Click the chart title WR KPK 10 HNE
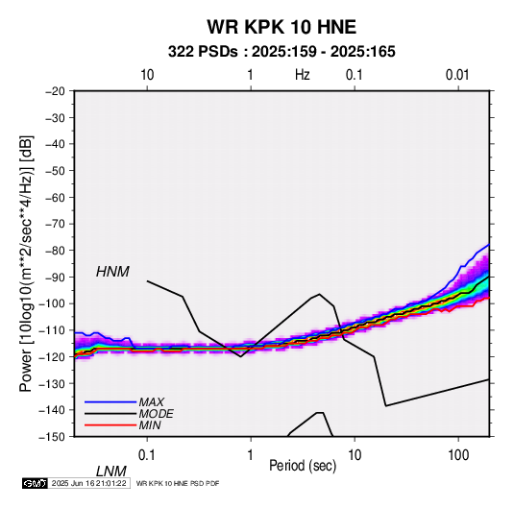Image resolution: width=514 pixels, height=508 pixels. click(x=281, y=27)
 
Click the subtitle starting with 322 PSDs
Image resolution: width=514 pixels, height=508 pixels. click(x=281, y=52)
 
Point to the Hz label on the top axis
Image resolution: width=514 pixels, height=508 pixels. click(x=302, y=75)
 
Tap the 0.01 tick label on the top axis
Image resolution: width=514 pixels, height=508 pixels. click(x=457, y=75)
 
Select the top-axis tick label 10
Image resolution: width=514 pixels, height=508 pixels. click(x=147, y=75)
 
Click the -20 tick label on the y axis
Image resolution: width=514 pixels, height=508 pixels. click(x=55, y=91)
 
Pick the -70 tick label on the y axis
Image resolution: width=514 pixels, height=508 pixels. click(x=55, y=224)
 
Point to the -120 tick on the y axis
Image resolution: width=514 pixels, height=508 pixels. click(x=52, y=356)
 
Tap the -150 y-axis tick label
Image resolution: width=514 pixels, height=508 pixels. click(x=52, y=437)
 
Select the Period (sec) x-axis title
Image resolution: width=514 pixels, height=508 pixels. click(x=303, y=466)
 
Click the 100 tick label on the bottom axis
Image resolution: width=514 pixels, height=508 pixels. click(x=458, y=455)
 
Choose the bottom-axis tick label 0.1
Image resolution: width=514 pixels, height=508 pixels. click(x=146, y=455)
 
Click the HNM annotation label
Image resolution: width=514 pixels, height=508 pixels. click(x=112, y=272)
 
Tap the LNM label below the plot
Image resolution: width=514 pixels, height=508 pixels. click(x=111, y=472)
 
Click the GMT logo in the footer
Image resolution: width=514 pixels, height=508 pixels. click(x=36, y=483)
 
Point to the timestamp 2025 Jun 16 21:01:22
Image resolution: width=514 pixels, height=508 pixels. click(x=88, y=483)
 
